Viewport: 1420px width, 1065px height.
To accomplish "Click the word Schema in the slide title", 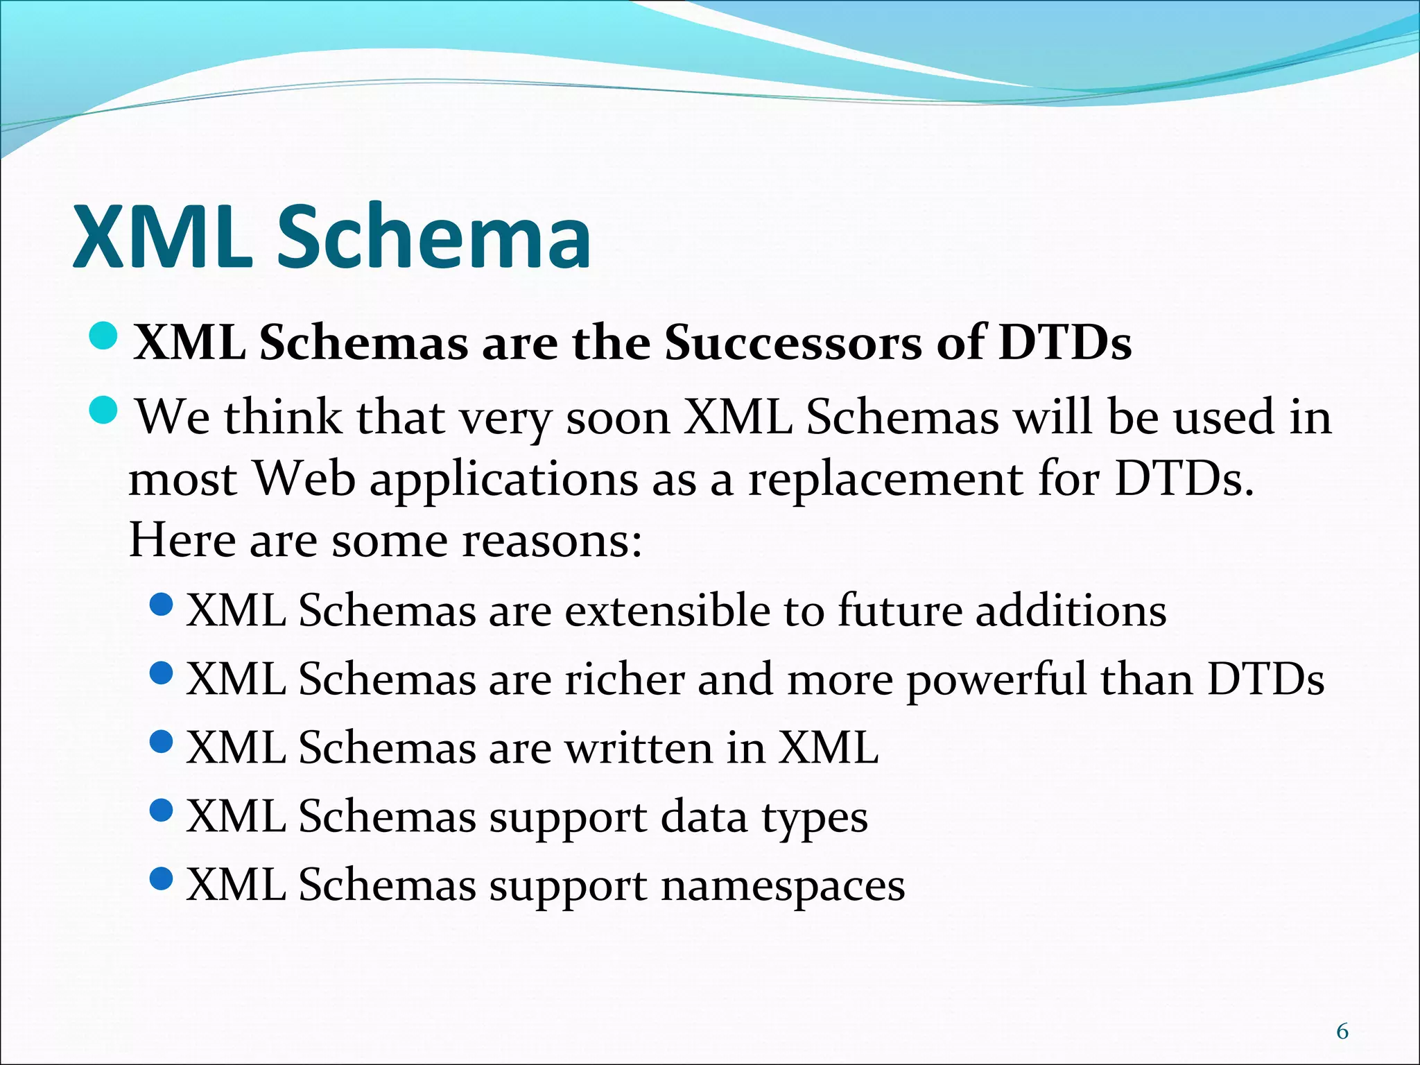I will (434, 237).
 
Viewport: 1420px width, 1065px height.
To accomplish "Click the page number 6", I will (1342, 1032).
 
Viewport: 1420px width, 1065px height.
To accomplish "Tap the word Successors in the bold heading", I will (793, 343).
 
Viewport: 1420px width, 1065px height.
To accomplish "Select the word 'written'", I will (639, 748).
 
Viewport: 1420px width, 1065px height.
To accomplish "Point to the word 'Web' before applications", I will (304, 480).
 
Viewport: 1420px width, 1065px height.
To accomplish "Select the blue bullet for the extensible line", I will (161, 605).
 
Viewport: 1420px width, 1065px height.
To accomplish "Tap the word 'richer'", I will (625, 679).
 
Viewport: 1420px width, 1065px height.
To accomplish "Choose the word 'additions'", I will (1071, 612).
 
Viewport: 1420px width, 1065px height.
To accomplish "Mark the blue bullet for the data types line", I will (161, 811).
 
